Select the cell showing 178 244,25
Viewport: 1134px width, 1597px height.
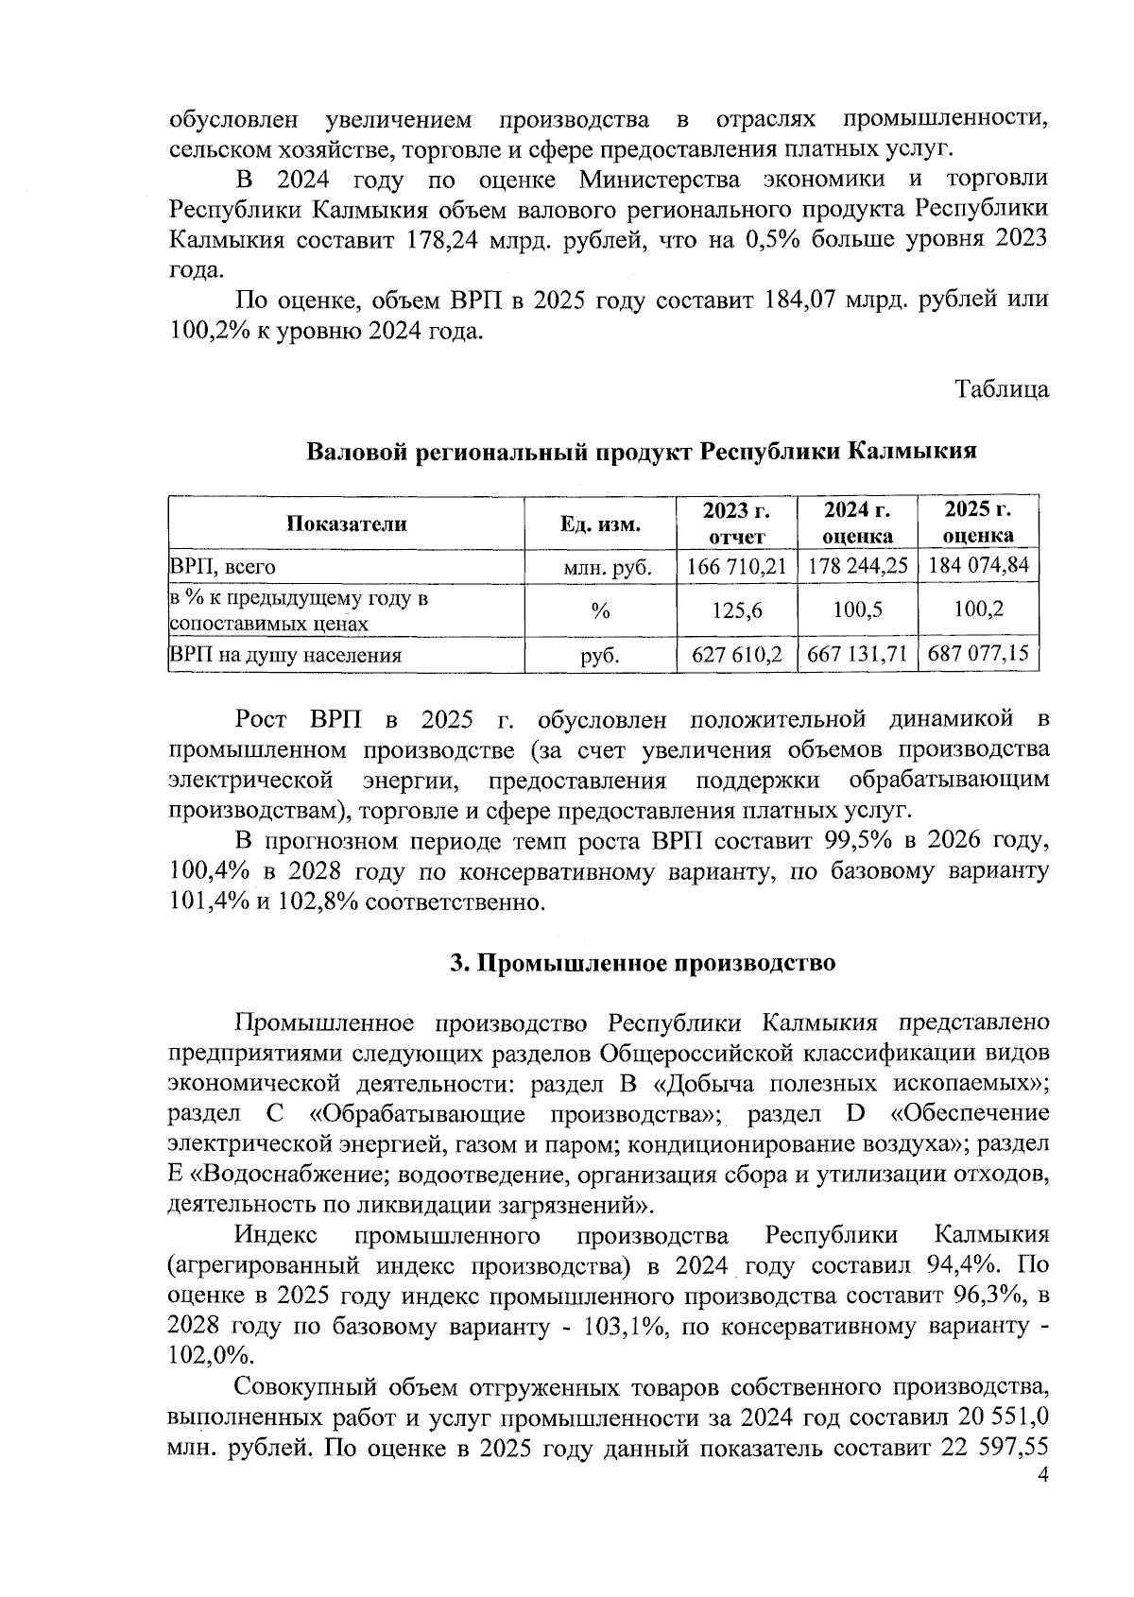[x=857, y=567]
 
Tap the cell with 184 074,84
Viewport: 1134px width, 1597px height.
[x=978, y=567]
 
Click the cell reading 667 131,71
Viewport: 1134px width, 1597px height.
[x=857, y=654]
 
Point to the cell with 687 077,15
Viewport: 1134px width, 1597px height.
[x=978, y=654]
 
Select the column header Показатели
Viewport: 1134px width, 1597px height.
[x=347, y=524]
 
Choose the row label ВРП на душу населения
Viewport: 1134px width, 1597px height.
[x=285, y=655]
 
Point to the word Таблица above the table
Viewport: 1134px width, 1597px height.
[x=1002, y=389]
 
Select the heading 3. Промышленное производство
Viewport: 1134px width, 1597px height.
[x=643, y=963]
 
